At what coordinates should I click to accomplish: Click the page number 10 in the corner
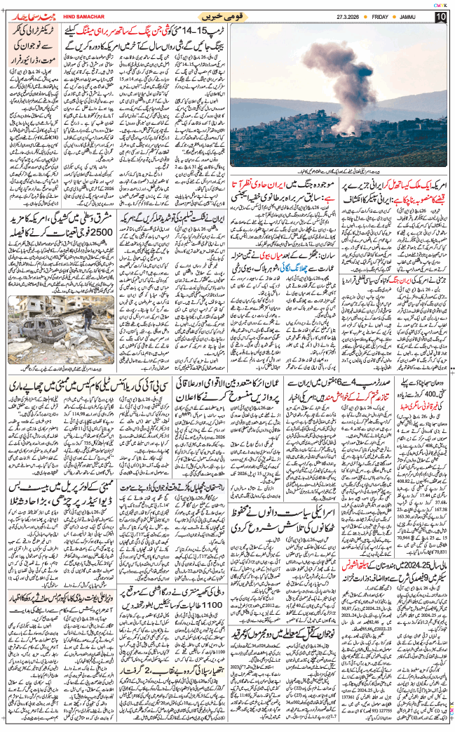click(x=440, y=17)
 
